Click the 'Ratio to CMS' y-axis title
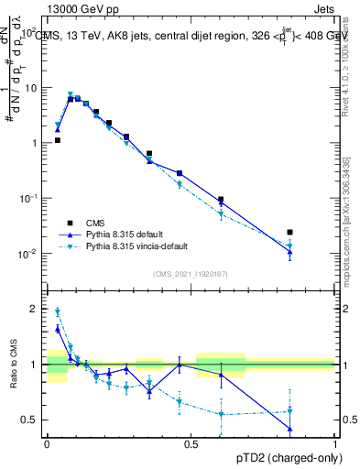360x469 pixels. (13, 364)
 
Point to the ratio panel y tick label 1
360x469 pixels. (34, 365)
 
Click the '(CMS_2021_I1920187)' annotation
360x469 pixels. (191, 274)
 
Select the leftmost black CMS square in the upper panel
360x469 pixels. (57, 140)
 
